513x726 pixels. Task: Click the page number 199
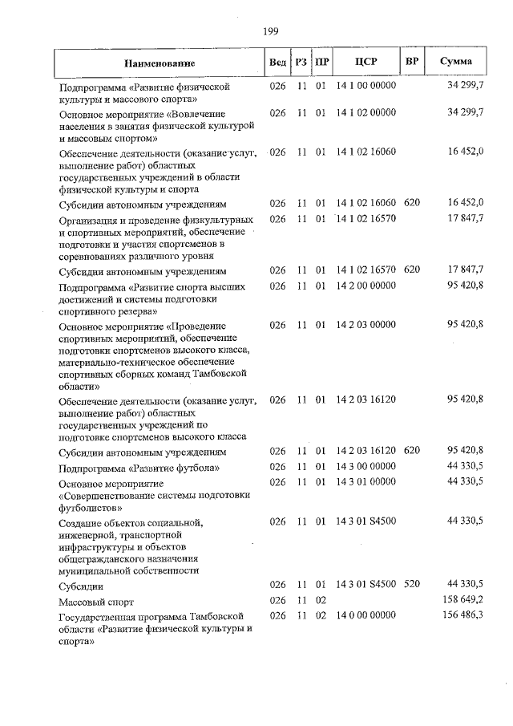pyautogui.click(x=270, y=31)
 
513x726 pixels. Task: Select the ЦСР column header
pyautogui.click(x=366, y=62)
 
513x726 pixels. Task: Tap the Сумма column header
pyautogui.click(x=455, y=62)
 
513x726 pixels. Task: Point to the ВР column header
pyautogui.click(x=412, y=62)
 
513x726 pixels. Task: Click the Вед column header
pyautogui.click(x=277, y=62)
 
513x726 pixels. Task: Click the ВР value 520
pyautogui.click(x=412, y=585)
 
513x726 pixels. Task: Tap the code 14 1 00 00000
pyautogui.click(x=366, y=84)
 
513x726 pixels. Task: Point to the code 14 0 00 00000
pyautogui.click(x=366, y=615)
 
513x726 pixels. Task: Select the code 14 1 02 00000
pyautogui.click(x=366, y=113)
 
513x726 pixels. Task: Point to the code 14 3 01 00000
pyautogui.click(x=366, y=481)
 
